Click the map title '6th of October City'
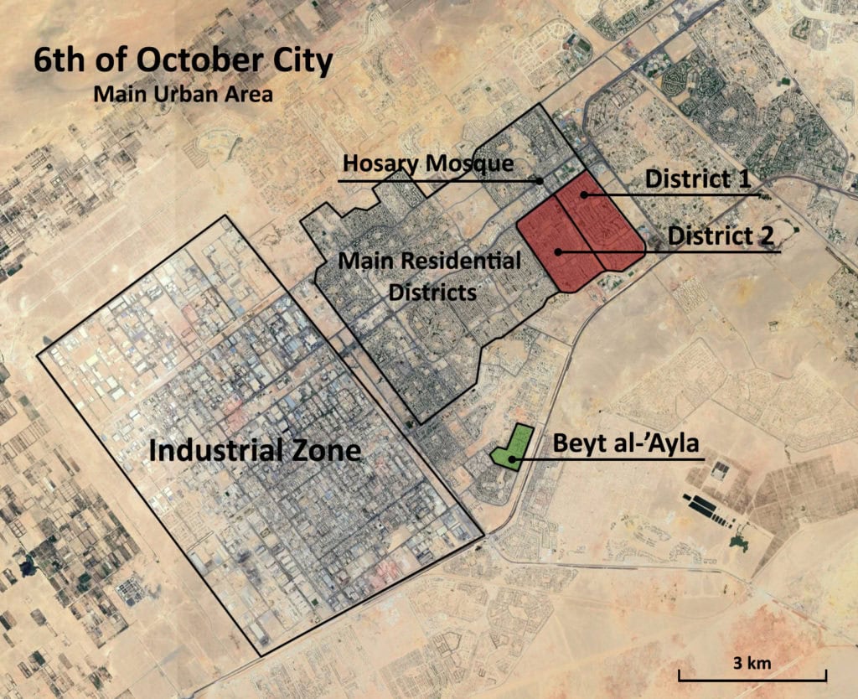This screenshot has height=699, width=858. pyautogui.click(x=183, y=62)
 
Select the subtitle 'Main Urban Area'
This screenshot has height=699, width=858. pyautogui.click(x=183, y=94)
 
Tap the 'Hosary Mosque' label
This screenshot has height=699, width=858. pyautogui.click(x=426, y=163)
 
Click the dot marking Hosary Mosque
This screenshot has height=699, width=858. pyautogui.click(x=541, y=180)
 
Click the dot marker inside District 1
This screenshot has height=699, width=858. pyautogui.click(x=584, y=194)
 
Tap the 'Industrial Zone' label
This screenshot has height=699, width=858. pyautogui.click(x=255, y=451)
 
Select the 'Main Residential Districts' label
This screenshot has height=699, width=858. pyautogui.click(x=429, y=277)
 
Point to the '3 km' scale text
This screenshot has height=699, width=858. pyautogui.click(x=751, y=663)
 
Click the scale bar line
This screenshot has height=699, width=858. pyautogui.click(x=752, y=676)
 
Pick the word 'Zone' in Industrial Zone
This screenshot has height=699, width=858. pyautogui.click(x=328, y=451)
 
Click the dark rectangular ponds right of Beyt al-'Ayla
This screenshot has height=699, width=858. pyautogui.click(x=709, y=506)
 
